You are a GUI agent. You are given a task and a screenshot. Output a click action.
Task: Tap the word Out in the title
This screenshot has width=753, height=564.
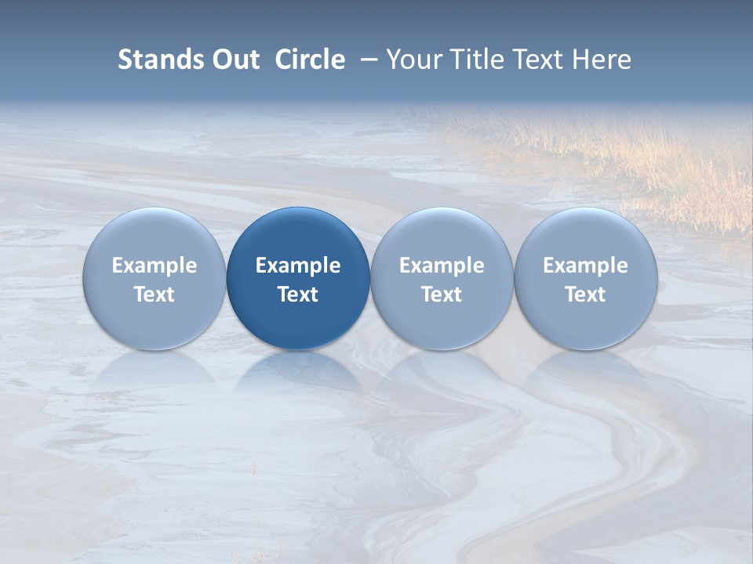tap(234, 60)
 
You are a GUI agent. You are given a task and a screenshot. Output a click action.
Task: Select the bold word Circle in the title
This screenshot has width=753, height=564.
tap(310, 60)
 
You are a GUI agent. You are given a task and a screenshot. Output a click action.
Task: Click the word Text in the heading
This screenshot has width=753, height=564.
tap(540, 60)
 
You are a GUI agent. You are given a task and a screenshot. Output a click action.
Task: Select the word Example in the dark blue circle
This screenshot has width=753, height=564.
tap(298, 266)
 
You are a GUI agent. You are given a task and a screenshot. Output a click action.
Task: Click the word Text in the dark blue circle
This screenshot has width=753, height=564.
tap(298, 295)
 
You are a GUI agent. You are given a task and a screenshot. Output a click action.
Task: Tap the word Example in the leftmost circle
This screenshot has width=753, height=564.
tap(155, 266)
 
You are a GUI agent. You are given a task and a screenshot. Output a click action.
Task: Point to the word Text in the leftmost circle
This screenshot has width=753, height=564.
tap(155, 295)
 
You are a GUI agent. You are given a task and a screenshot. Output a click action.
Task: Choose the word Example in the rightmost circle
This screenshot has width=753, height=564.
tap(585, 266)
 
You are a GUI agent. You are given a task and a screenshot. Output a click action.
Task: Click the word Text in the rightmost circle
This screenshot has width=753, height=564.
tap(585, 295)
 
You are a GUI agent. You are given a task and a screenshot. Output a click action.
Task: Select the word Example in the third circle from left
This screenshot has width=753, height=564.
tap(442, 266)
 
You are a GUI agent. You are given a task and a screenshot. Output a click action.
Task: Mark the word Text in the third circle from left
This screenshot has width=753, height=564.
tap(442, 295)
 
